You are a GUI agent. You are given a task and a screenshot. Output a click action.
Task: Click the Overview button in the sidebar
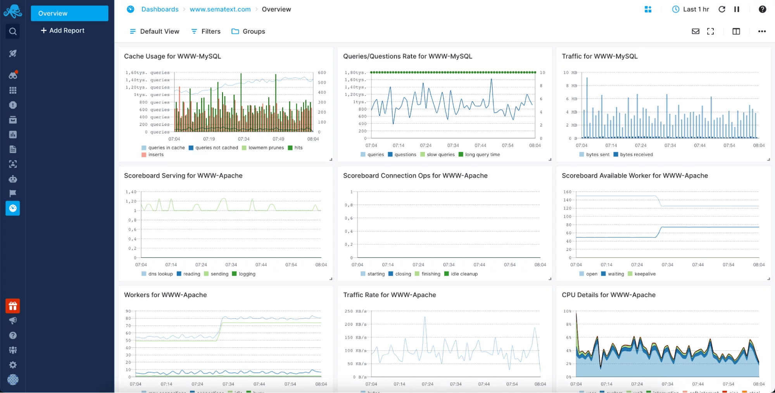69,13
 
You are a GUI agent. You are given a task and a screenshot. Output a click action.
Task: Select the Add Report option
63,31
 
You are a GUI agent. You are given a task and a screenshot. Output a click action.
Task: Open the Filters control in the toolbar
206,31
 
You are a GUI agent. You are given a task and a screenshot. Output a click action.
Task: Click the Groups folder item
248,31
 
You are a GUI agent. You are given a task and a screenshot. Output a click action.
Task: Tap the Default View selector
154,31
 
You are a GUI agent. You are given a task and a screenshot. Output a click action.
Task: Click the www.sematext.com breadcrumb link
220,9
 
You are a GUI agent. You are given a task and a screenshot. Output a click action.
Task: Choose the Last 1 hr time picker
690,9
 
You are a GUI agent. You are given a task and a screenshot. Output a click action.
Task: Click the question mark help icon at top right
762,9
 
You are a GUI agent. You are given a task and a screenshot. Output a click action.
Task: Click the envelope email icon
696,31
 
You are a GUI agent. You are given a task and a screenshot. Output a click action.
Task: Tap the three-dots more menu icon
762,31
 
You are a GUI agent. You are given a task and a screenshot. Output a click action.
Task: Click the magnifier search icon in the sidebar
13,31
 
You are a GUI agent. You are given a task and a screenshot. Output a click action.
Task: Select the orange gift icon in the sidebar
13,306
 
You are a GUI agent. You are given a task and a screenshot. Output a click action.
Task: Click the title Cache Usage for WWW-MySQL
172,56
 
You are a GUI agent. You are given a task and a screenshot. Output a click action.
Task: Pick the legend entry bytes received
636,154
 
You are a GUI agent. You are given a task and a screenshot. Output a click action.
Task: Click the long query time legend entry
482,154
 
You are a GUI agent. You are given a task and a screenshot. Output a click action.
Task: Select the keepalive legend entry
644,274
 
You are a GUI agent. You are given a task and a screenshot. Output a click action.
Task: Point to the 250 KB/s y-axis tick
354,311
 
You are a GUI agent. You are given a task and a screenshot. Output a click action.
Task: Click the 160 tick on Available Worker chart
567,192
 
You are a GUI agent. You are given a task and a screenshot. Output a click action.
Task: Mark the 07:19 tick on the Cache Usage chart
209,139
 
